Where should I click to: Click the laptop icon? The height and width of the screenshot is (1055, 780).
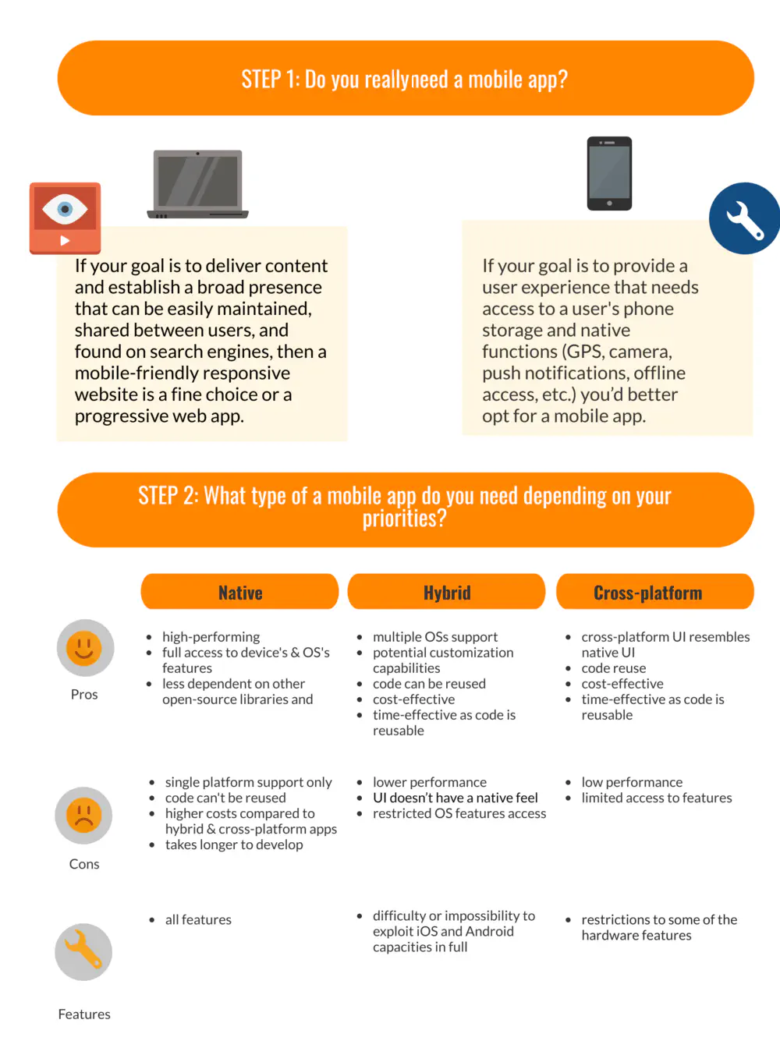pos(198,184)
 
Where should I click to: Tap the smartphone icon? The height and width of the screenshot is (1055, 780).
pos(609,173)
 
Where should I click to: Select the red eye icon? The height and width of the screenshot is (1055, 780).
pos(66,218)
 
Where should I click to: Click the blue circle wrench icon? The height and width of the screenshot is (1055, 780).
pos(745,218)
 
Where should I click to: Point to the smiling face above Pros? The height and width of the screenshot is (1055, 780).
pos(85,648)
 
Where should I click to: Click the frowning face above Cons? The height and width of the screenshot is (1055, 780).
pos(83,816)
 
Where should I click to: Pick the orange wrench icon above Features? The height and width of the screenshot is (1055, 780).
pos(83,952)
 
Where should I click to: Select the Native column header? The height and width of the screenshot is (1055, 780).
pos(239,593)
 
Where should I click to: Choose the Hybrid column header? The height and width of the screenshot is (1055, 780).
pos(446,593)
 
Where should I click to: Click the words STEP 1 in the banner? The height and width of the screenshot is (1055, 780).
pos(270,80)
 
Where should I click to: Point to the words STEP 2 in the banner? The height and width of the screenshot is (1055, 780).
pos(168,496)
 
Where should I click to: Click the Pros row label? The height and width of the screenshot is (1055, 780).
pos(84,695)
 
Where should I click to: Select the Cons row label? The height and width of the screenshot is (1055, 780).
pos(84,864)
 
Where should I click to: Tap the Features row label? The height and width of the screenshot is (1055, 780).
pos(84,1014)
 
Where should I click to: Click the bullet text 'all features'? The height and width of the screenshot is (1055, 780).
pos(198,920)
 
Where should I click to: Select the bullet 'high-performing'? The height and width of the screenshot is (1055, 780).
pos(211,637)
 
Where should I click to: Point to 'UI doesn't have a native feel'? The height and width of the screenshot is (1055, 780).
pos(455,798)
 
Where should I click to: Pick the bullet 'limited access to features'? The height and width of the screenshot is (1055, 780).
pos(656,798)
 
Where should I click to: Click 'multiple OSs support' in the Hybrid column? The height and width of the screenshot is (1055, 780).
pos(434,637)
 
